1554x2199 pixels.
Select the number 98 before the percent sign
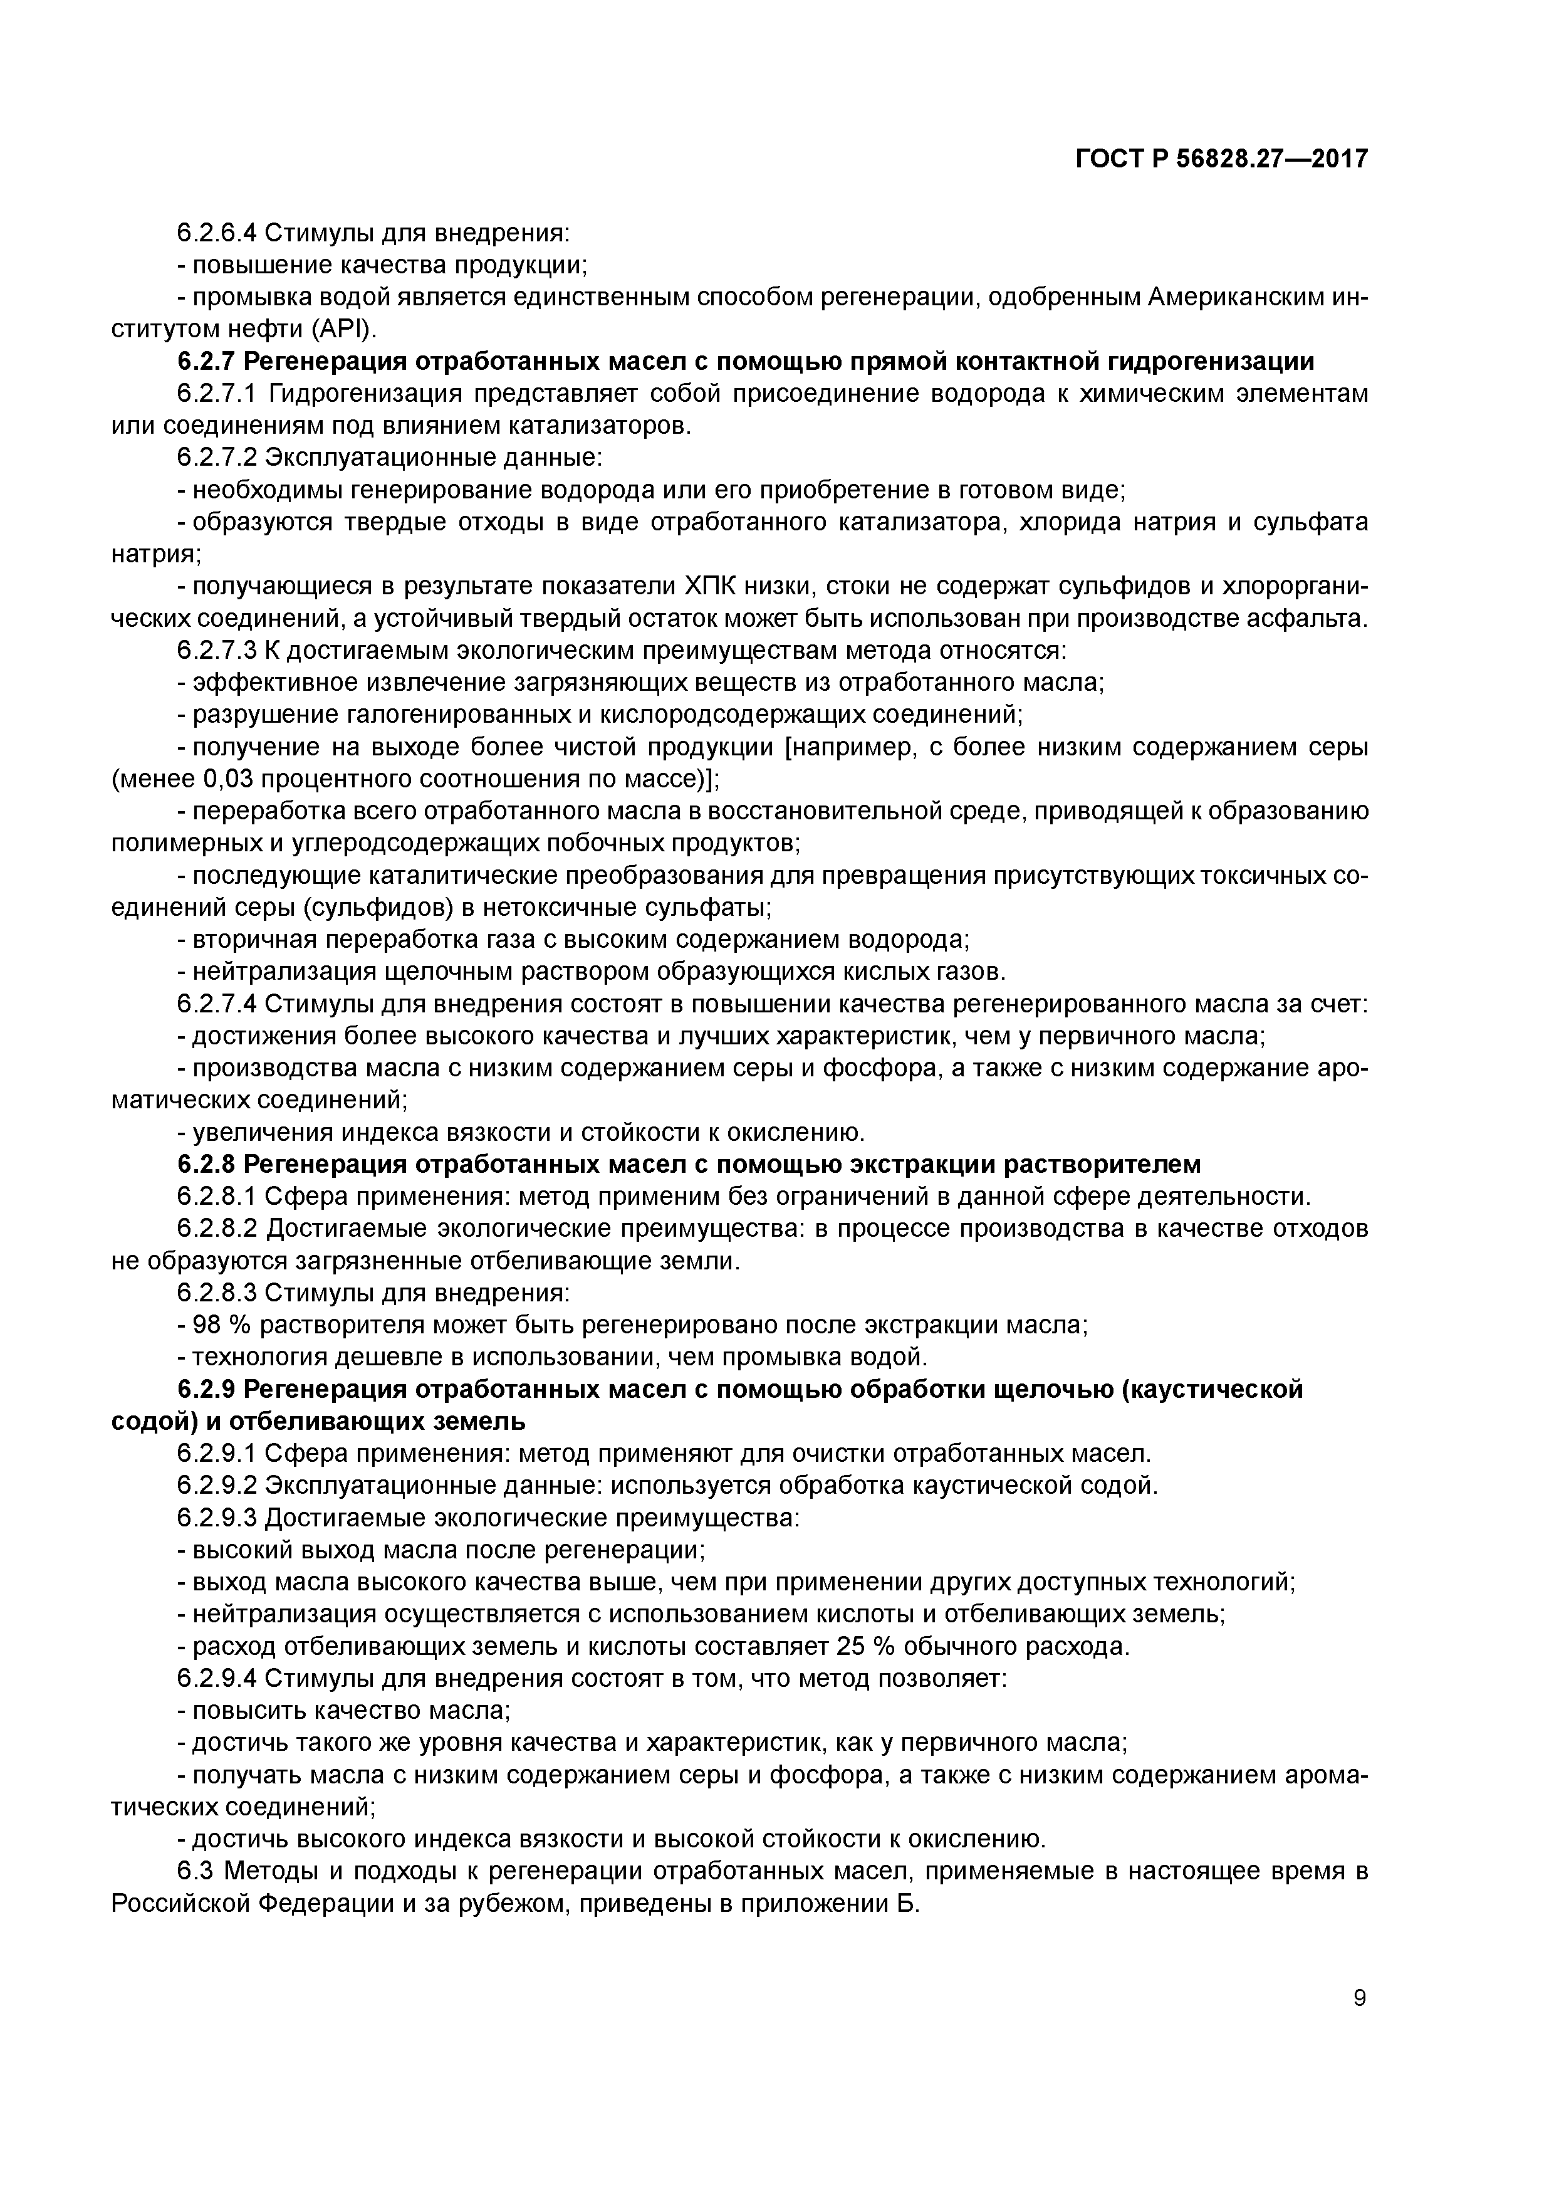tap(207, 1326)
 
